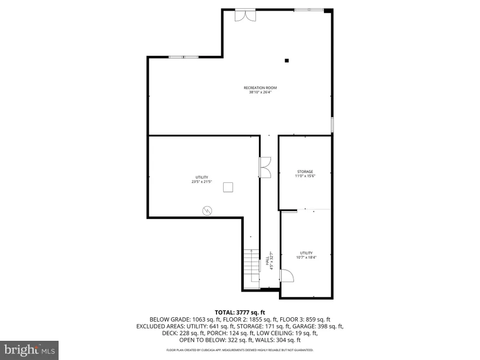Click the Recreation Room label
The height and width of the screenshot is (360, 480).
point(260,88)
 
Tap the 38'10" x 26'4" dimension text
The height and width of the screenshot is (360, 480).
point(260,92)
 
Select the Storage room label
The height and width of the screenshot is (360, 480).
point(305,172)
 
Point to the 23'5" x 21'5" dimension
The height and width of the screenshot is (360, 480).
point(202,181)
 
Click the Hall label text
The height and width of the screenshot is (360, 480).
point(267,261)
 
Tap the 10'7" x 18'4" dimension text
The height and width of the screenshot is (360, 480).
point(306,257)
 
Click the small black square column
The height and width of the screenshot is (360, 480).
point(287,60)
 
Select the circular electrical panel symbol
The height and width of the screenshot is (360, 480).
point(207,211)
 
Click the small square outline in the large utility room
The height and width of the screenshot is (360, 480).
point(228,187)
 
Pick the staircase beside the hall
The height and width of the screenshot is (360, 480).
point(252,269)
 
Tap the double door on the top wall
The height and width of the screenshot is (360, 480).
point(245,15)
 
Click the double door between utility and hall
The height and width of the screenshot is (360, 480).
point(265,167)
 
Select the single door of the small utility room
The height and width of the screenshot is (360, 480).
point(287,275)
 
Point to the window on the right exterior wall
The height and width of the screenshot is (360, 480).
point(332,125)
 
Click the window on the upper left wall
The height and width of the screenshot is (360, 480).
point(184,57)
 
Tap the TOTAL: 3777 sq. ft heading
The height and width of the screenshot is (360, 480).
point(240,312)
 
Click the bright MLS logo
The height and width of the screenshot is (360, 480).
point(29,350)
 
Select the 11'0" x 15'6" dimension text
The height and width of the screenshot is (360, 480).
point(305,176)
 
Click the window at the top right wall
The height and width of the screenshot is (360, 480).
point(309,10)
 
